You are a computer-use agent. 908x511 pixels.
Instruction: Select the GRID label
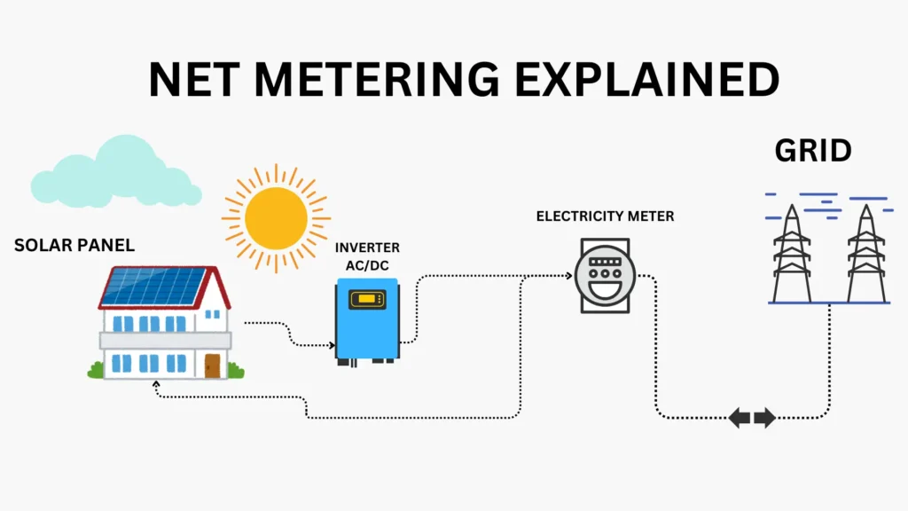coord(812,151)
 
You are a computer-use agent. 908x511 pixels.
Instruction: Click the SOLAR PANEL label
coord(74,245)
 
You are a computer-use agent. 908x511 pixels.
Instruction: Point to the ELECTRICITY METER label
coord(605,216)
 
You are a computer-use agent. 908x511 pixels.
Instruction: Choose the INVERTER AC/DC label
coord(367,255)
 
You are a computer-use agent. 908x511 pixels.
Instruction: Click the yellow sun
coord(276,216)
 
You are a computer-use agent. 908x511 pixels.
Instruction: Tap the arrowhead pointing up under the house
coord(157,385)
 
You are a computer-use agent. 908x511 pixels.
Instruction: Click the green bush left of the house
coord(95,370)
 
